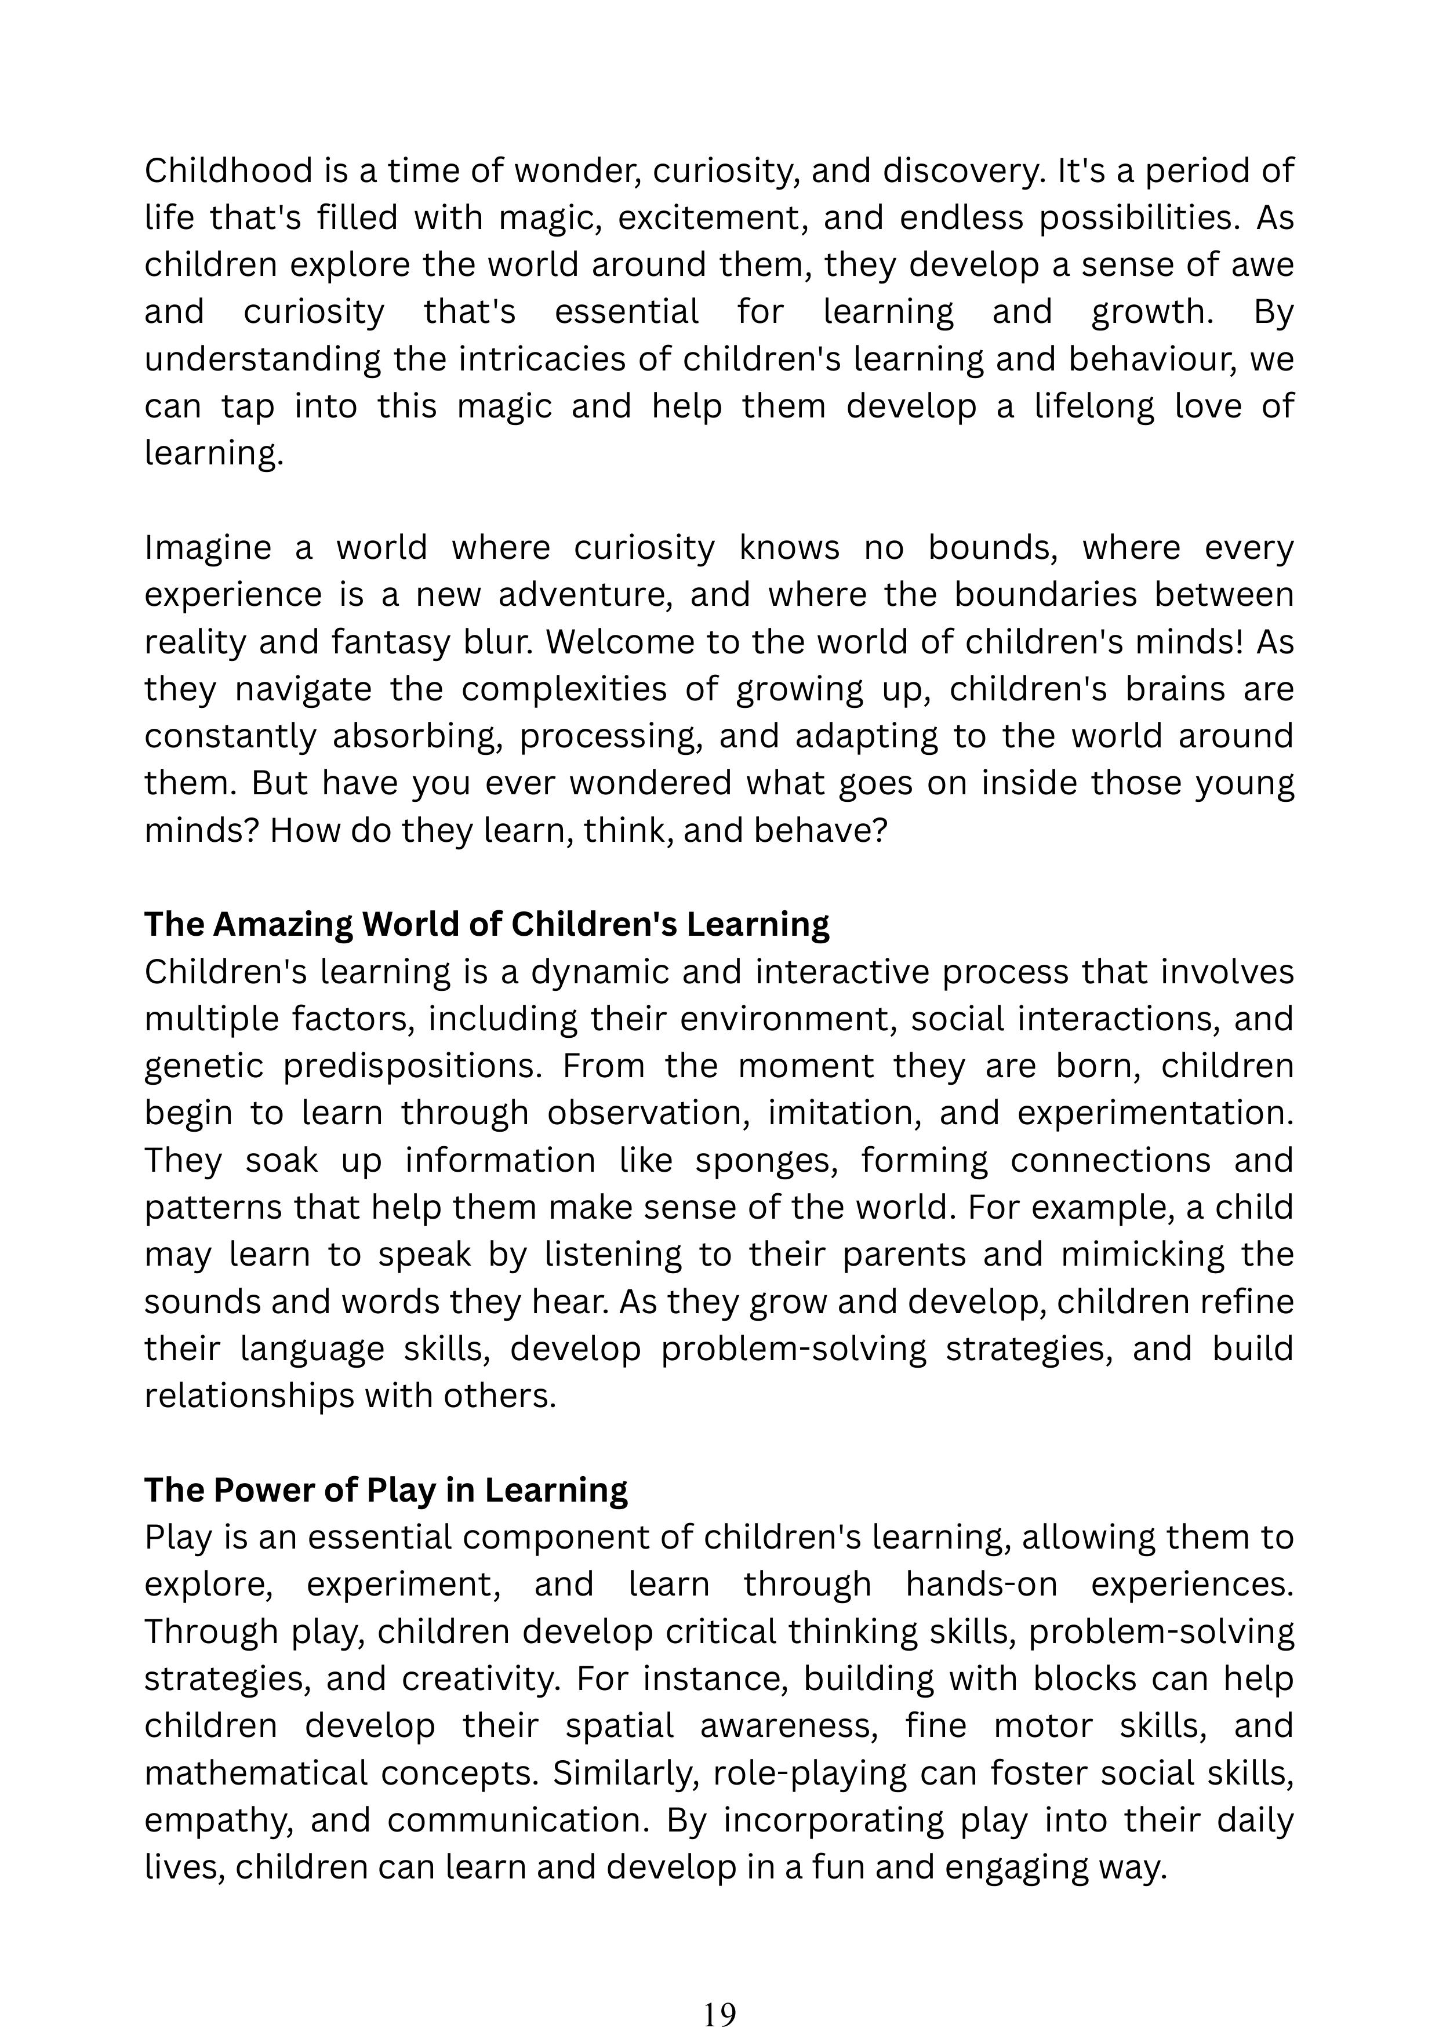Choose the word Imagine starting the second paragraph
(x=208, y=548)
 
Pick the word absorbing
(x=417, y=736)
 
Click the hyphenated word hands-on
(x=981, y=1584)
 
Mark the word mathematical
(x=255, y=1772)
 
